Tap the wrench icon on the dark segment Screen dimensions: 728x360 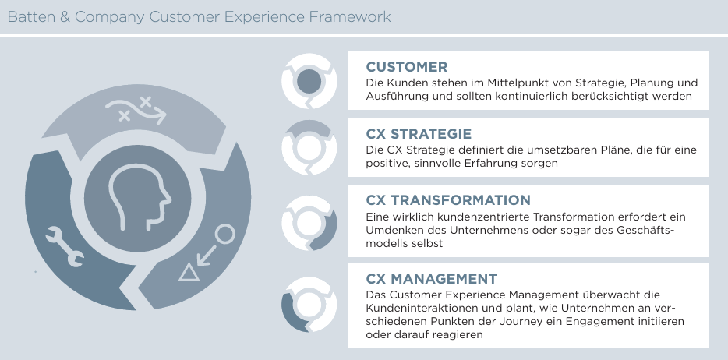65,246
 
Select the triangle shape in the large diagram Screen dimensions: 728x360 189,272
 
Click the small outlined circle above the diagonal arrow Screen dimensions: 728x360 225,235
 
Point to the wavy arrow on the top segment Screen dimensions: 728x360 136,111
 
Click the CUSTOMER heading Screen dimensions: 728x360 407,67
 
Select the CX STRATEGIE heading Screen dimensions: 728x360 419,134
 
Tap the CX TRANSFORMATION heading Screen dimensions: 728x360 448,200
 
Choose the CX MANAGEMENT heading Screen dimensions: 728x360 431,279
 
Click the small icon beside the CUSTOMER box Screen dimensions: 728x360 309,81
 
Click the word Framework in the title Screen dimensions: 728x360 350,17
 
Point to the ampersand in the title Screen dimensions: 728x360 65,17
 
